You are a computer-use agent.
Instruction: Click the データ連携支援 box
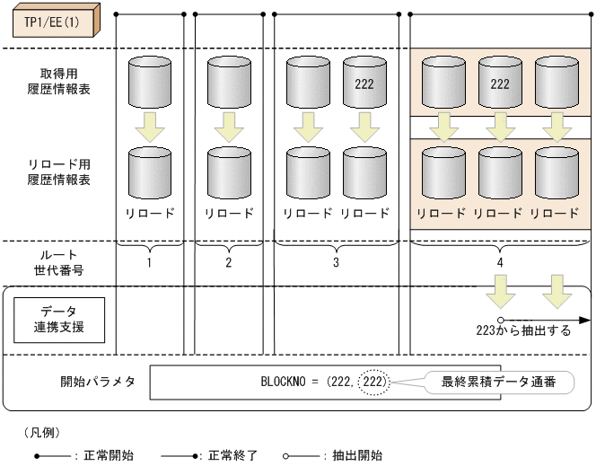(x=58, y=319)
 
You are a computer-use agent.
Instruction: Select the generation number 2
(x=229, y=263)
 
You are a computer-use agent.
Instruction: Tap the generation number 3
(x=336, y=263)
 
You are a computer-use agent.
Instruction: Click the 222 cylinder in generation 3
(x=364, y=84)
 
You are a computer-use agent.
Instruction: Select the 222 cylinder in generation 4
(x=500, y=84)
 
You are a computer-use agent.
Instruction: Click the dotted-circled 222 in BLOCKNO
(x=374, y=382)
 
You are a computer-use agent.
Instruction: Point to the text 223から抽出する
(x=523, y=330)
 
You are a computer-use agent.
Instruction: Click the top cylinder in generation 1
(x=152, y=84)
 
